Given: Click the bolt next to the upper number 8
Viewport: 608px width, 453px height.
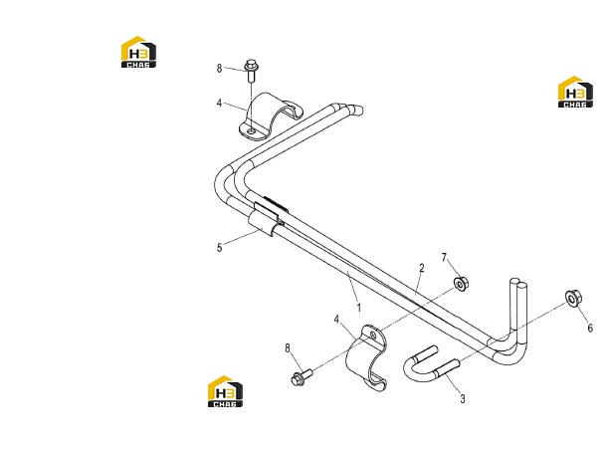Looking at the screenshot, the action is point(252,70).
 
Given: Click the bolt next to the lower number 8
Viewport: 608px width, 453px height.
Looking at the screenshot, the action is point(302,377).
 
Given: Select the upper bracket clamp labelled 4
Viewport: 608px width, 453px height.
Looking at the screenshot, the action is point(269,116).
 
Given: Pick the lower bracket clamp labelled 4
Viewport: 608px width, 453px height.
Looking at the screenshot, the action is point(366,357).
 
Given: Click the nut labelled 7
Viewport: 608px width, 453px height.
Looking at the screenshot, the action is point(461,284).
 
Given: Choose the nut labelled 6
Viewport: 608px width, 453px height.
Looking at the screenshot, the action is point(573,298).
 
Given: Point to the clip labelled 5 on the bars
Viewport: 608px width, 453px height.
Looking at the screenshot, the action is point(269,218).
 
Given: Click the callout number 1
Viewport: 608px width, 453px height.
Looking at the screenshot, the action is point(359,308).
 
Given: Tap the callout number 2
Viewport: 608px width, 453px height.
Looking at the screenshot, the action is point(422,268).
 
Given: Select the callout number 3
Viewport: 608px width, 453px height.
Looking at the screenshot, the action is point(462,398).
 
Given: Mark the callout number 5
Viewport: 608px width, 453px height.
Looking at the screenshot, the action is point(220,248).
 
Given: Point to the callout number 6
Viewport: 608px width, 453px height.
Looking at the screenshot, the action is point(590,329).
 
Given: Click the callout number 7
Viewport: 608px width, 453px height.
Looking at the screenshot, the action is point(445,258).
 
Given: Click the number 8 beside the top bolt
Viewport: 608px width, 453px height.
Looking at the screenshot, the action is point(219,69).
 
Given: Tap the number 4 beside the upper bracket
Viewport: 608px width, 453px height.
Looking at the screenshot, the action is point(220,104).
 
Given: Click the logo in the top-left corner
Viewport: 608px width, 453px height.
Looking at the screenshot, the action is point(138,52).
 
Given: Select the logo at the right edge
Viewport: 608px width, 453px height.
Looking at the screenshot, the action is point(575,92).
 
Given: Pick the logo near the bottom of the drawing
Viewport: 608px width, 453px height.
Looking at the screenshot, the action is point(225,391).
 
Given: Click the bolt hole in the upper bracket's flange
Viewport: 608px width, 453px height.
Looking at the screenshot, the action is point(252,131).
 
